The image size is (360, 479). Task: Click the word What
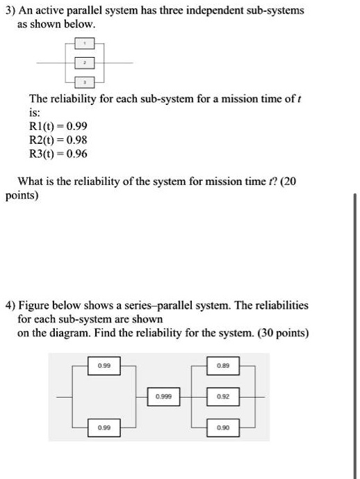[32, 183]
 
